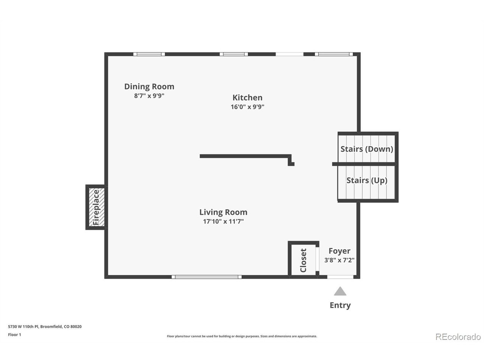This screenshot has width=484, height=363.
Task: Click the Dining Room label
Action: click(149, 87)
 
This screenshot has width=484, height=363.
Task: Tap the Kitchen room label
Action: click(247, 98)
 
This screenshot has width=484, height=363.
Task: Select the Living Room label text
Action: click(223, 212)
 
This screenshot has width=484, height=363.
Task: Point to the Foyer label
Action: click(339, 251)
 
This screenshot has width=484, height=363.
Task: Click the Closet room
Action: click(303, 260)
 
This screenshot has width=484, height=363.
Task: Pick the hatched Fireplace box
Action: click(96, 207)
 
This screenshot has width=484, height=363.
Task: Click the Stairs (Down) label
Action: click(367, 149)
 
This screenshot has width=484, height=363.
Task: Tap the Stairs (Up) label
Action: click(367, 180)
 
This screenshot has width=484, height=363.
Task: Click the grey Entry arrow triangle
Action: click(340, 291)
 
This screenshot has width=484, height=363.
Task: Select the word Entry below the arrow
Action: click(340, 305)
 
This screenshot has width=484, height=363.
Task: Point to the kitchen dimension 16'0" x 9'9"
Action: click(247, 107)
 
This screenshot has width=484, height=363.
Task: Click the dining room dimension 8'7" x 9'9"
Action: click(149, 96)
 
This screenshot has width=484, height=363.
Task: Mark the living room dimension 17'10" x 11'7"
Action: click(223, 222)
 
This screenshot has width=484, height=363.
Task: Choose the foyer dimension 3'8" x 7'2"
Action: click(339, 260)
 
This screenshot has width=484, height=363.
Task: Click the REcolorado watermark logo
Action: click(458, 337)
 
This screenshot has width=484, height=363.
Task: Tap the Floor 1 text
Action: click(14, 334)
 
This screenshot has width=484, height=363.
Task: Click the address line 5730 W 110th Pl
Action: click(45, 326)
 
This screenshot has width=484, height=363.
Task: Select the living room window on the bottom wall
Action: click(206, 277)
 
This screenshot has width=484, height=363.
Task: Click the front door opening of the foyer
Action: click(340, 277)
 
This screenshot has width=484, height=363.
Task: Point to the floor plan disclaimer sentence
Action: click(242, 336)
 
